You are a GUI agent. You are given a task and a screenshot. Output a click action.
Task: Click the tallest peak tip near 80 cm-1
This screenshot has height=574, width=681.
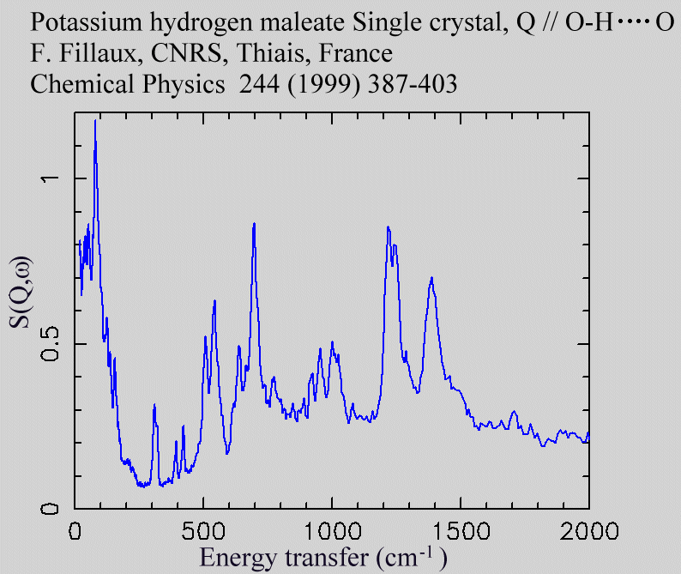(x=95, y=121)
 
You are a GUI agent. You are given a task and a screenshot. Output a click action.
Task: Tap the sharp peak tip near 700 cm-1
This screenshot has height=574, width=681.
(x=254, y=223)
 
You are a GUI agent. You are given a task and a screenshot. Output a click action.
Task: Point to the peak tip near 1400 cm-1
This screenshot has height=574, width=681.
(x=431, y=277)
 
